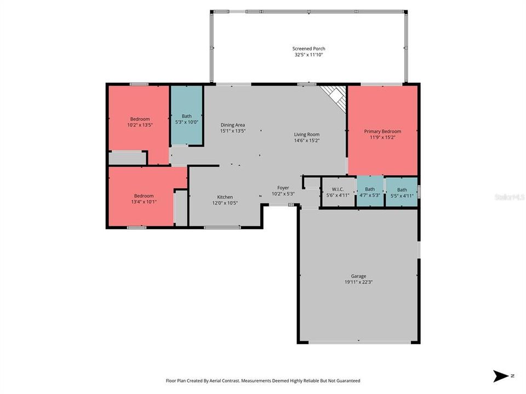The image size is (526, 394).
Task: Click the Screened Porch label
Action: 308,49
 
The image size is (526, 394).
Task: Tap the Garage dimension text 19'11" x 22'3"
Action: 358,282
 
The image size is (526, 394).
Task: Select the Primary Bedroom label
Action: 382,131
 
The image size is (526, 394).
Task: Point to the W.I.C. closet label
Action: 338,189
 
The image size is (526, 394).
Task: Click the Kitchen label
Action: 225,197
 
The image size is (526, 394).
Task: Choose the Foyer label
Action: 283,188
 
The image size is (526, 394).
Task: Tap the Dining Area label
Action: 233,125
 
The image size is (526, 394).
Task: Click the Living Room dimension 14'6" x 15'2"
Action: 307,141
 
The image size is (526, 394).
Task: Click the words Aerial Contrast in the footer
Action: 225,381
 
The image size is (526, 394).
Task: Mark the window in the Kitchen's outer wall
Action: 222,228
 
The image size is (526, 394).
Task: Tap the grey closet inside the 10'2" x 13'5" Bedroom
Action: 127,158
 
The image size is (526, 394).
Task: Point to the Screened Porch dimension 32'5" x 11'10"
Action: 308,55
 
